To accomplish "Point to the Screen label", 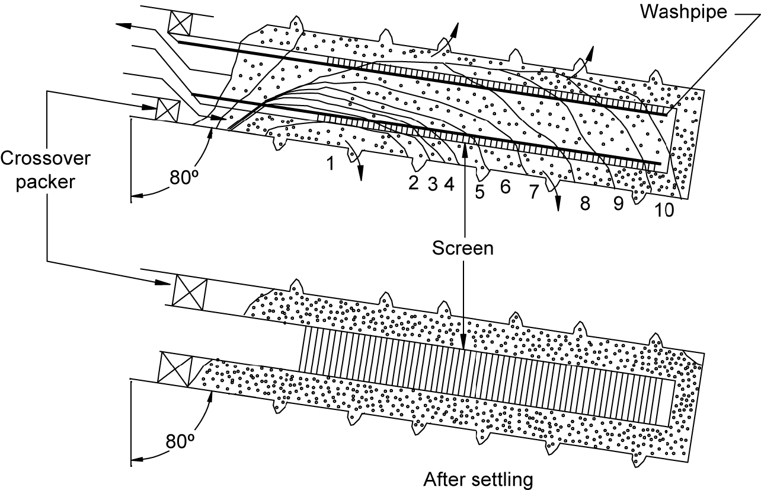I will pyautogui.click(x=462, y=248).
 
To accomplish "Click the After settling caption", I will pyautogui.click(x=478, y=478).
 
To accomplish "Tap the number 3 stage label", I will pyautogui.click(x=432, y=183).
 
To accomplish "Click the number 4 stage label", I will pyautogui.click(x=449, y=183).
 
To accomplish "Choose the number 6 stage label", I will pyautogui.click(x=505, y=187).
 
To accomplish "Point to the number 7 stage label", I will pyautogui.click(x=533, y=192).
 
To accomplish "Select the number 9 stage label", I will pyautogui.click(x=618, y=204).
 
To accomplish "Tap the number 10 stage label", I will pyautogui.click(x=664, y=211).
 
